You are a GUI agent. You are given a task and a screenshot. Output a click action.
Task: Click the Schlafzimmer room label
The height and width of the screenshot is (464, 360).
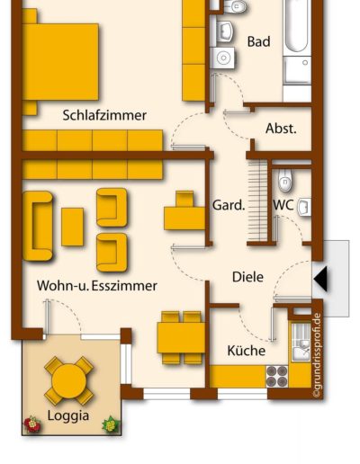[x=104, y=115]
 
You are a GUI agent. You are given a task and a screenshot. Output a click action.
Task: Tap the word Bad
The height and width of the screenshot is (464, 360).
[x=258, y=41]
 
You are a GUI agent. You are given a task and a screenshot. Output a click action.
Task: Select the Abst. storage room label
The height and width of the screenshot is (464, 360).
[x=281, y=129]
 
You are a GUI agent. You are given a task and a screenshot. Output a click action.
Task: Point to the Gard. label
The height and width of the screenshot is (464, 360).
[x=229, y=205]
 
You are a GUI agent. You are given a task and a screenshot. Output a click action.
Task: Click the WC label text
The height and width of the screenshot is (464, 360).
[x=283, y=205]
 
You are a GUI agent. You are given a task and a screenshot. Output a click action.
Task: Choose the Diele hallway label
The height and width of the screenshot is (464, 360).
[x=247, y=277]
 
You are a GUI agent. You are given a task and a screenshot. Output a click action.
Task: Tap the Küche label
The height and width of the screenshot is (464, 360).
[x=247, y=351]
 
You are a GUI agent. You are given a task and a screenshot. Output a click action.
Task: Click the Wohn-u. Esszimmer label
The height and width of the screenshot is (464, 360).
[x=97, y=286]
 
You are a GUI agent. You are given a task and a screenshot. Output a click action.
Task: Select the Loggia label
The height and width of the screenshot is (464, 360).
[x=68, y=416]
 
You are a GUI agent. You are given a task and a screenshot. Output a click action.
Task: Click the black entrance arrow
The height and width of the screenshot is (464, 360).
[x=320, y=279]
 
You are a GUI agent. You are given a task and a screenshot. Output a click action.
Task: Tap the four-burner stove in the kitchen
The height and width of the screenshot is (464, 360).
[x=277, y=376]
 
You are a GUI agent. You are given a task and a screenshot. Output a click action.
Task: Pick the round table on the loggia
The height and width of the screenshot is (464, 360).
[x=68, y=381]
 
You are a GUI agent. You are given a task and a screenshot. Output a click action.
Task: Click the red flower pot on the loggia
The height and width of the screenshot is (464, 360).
[x=32, y=424]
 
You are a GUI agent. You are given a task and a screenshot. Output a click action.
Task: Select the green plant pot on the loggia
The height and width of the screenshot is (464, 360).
[x=111, y=424]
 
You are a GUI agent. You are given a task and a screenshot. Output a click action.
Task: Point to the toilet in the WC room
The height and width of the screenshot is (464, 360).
[x=284, y=180]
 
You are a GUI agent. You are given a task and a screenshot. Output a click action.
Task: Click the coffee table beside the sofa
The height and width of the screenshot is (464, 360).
[x=72, y=227]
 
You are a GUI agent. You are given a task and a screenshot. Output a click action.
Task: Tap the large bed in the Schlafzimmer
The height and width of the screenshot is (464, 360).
[x=60, y=62]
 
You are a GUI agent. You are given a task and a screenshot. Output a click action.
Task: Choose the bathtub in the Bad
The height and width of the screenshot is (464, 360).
[x=296, y=26]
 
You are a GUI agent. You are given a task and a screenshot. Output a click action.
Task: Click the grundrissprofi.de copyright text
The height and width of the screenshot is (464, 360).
[x=317, y=355]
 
